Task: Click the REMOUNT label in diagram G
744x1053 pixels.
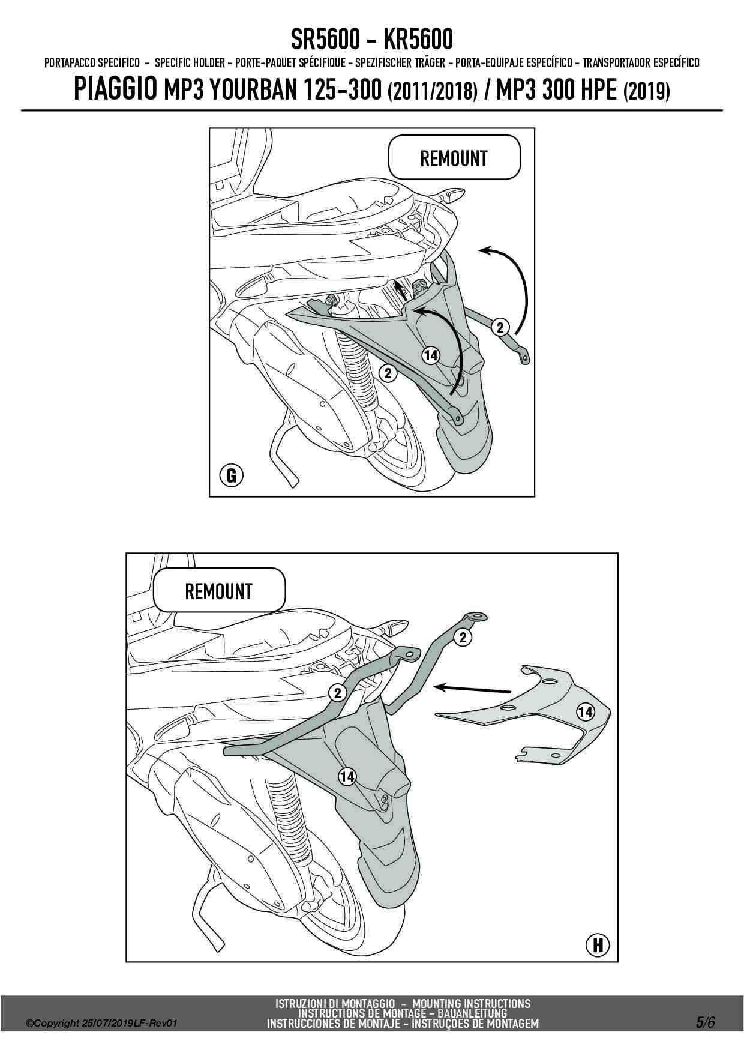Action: coord(454,158)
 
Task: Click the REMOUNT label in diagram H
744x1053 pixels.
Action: coord(218,591)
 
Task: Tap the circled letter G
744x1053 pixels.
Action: coord(231,476)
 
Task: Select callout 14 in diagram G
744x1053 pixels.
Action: coord(431,355)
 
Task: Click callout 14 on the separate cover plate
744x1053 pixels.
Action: coord(586,712)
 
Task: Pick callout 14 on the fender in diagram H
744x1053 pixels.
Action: coord(347,777)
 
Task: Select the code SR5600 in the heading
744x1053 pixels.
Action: coord(325,40)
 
